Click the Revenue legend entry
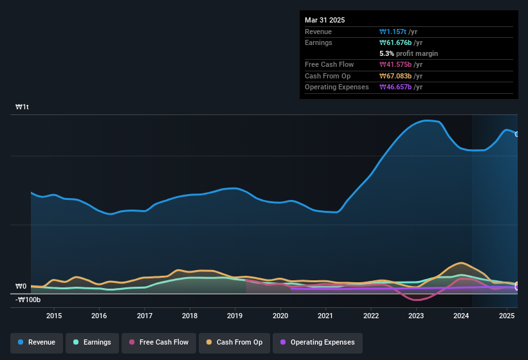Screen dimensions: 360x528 [x=37, y=342]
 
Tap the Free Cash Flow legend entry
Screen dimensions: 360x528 [x=158, y=342]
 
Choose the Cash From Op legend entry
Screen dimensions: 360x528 [x=234, y=342]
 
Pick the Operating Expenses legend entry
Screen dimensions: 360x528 [x=317, y=342]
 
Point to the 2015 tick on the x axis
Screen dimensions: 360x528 [x=54, y=316]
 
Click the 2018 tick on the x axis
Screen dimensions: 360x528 [x=190, y=316]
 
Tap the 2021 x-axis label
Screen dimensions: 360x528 [x=325, y=316]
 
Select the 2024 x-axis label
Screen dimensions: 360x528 [x=461, y=316]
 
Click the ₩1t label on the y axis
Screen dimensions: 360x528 [x=23, y=107]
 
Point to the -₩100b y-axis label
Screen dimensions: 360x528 [x=28, y=300]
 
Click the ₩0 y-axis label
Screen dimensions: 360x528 [x=21, y=287]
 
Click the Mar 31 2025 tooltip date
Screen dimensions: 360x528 [x=325, y=20]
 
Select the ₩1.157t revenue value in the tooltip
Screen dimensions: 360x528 [x=394, y=32]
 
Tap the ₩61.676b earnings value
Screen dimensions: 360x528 [x=396, y=42]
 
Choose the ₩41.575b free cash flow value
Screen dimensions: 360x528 [x=396, y=65]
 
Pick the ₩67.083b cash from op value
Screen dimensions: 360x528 [x=396, y=76]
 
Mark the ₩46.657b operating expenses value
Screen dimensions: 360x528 [x=396, y=87]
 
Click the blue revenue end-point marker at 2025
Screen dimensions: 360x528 [x=517, y=134]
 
